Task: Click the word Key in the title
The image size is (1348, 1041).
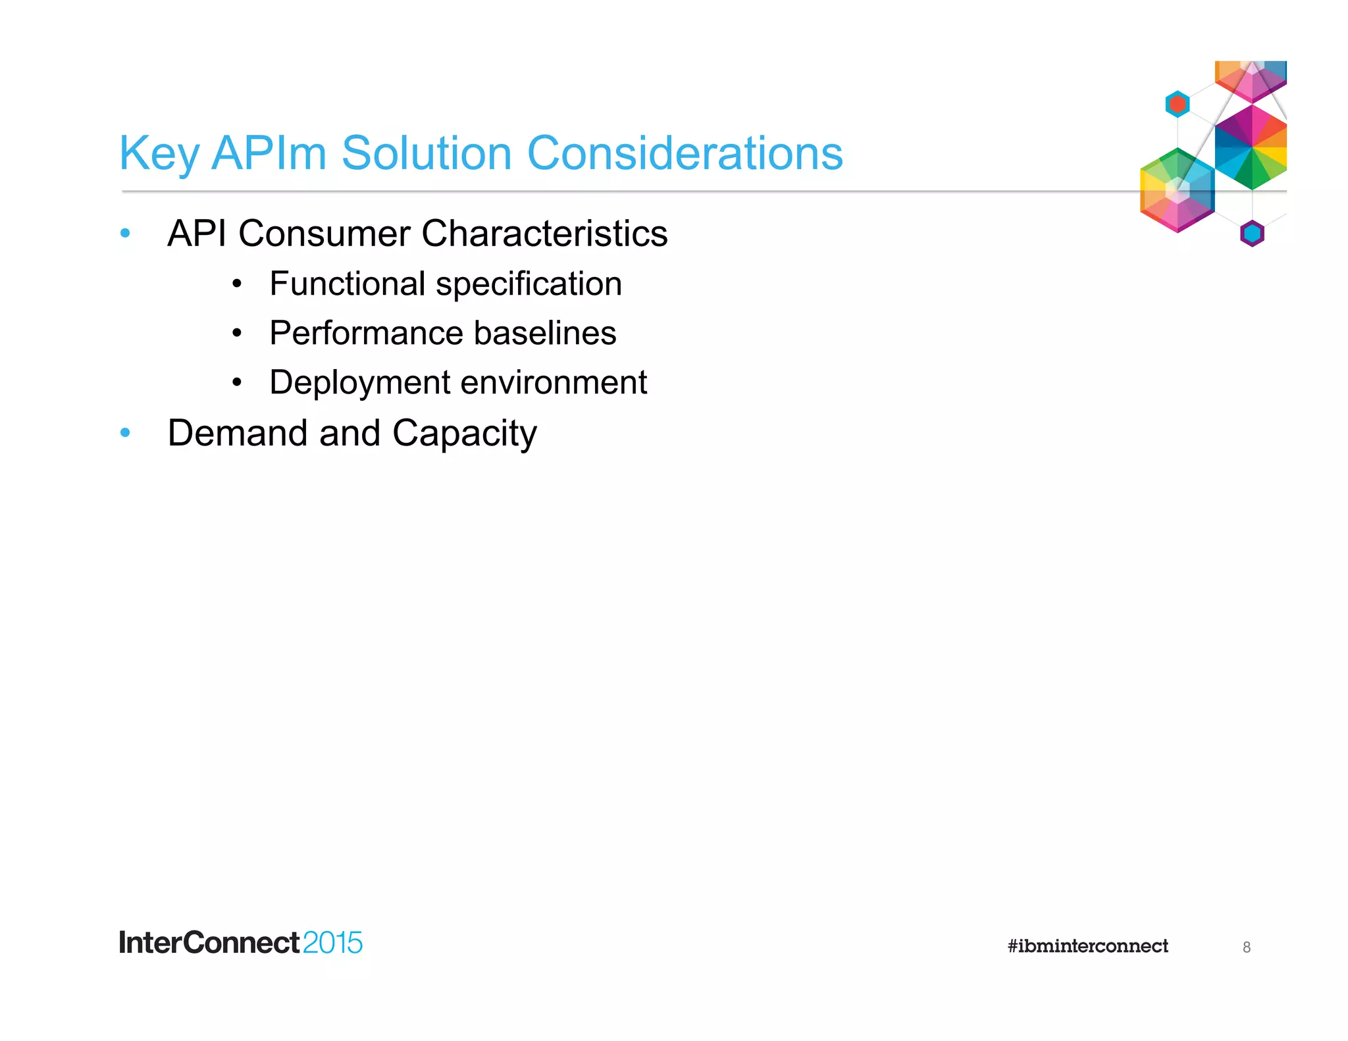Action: pos(159,154)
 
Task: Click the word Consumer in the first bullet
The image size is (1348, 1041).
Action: pos(324,234)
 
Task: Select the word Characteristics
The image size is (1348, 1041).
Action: pos(544,234)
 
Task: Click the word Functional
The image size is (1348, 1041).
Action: pos(347,284)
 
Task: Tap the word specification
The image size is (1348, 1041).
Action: pos(529,285)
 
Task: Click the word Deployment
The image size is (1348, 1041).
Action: pos(360,383)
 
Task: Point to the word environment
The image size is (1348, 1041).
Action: pos(554,383)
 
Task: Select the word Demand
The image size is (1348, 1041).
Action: pos(238,433)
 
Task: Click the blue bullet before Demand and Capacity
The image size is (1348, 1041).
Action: pos(125,432)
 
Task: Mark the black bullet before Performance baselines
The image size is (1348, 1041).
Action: pos(237,333)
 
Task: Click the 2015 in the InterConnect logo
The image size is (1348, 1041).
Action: pos(332,943)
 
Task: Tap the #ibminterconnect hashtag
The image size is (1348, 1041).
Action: pos(1087,946)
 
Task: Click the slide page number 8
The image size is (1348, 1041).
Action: pos(1246,947)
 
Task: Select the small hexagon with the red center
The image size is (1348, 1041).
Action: pos(1178,104)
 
